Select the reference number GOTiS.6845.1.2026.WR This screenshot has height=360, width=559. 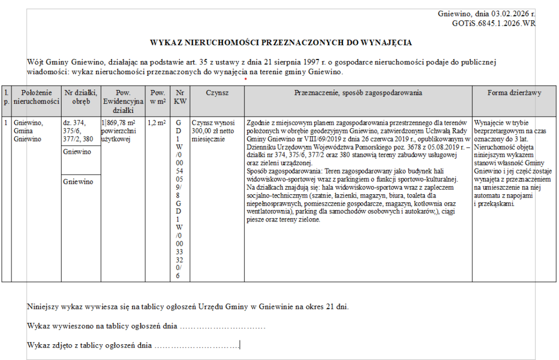(x=494, y=23)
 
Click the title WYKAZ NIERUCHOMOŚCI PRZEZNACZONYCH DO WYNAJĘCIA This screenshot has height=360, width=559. (x=281, y=42)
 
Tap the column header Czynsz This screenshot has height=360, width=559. (x=217, y=93)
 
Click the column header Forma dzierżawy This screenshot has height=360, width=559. (x=514, y=93)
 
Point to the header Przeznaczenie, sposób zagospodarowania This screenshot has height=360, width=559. (x=358, y=93)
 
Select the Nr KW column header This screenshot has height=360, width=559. (x=180, y=97)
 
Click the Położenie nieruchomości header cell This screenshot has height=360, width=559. (x=36, y=97)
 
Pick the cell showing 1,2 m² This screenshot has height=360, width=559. (x=157, y=123)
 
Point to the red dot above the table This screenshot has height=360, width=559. (x=246, y=80)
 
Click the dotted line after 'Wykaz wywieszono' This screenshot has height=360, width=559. (x=222, y=327)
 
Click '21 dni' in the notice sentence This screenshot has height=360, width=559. (x=336, y=307)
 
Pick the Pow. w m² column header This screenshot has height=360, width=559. (x=157, y=97)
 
